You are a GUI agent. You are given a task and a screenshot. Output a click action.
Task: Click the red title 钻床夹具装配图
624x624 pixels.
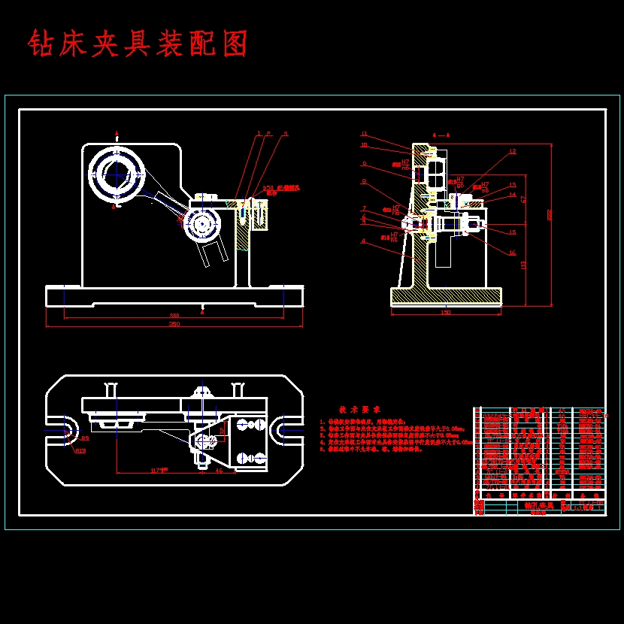coord(138,44)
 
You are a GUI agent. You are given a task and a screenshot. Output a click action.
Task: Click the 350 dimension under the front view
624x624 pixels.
coord(174,324)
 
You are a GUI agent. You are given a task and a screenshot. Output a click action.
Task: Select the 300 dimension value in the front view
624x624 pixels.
coord(174,315)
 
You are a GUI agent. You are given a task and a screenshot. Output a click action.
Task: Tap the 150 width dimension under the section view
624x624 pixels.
coord(446,313)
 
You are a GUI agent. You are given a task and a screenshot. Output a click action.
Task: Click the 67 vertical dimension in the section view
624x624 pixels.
coord(523,199)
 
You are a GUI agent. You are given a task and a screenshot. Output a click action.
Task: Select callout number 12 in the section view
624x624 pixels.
coord(512,152)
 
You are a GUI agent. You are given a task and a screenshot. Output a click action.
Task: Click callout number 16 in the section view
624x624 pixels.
coord(512,253)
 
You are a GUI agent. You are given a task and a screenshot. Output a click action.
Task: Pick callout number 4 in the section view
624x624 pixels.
coord(363,241)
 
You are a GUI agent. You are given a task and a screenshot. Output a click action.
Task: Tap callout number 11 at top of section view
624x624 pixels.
coord(363,134)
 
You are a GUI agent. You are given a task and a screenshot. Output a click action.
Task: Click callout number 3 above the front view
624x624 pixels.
coord(285,134)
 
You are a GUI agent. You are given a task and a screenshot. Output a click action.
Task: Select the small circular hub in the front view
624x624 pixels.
coord(201,224)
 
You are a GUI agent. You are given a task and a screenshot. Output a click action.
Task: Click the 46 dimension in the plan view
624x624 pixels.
coord(219,471)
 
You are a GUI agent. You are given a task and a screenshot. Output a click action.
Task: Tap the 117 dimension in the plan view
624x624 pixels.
coord(159,471)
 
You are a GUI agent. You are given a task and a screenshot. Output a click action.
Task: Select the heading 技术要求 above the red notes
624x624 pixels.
coord(359,410)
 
